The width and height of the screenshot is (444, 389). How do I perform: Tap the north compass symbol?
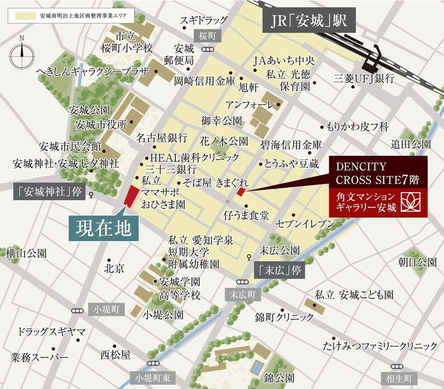[x=22, y=54]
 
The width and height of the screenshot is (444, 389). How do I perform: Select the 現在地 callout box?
[x=104, y=227]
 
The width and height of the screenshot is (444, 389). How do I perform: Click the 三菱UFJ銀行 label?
[x=364, y=78]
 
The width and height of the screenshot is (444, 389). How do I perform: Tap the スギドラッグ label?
[x=204, y=20]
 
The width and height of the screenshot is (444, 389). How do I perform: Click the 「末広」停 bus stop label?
[x=278, y=271]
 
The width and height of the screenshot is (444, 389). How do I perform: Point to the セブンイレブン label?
[x=305, y=224]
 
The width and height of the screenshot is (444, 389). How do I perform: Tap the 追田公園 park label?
[x=411, y=144]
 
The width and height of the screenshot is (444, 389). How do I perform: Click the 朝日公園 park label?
[x=417, y=262]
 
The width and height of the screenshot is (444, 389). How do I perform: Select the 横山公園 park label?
[x=26, y=253]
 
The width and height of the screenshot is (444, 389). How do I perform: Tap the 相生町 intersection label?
[x=402, y=378]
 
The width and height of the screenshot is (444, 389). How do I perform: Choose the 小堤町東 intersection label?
[x=153, y=377]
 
